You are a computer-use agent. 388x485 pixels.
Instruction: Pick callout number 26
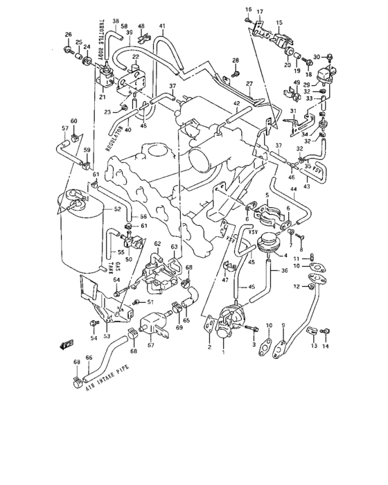coord(68,35)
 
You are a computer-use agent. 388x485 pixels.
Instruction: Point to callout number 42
coord(236,104)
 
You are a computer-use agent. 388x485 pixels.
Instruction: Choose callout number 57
coord(64,129)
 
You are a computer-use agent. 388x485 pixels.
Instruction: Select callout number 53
coord(106,336)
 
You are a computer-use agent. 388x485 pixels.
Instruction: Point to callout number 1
coord(223,352)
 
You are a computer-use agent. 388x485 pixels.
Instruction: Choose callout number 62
coord(157,244)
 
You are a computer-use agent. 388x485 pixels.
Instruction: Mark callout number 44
coord(294,188)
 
